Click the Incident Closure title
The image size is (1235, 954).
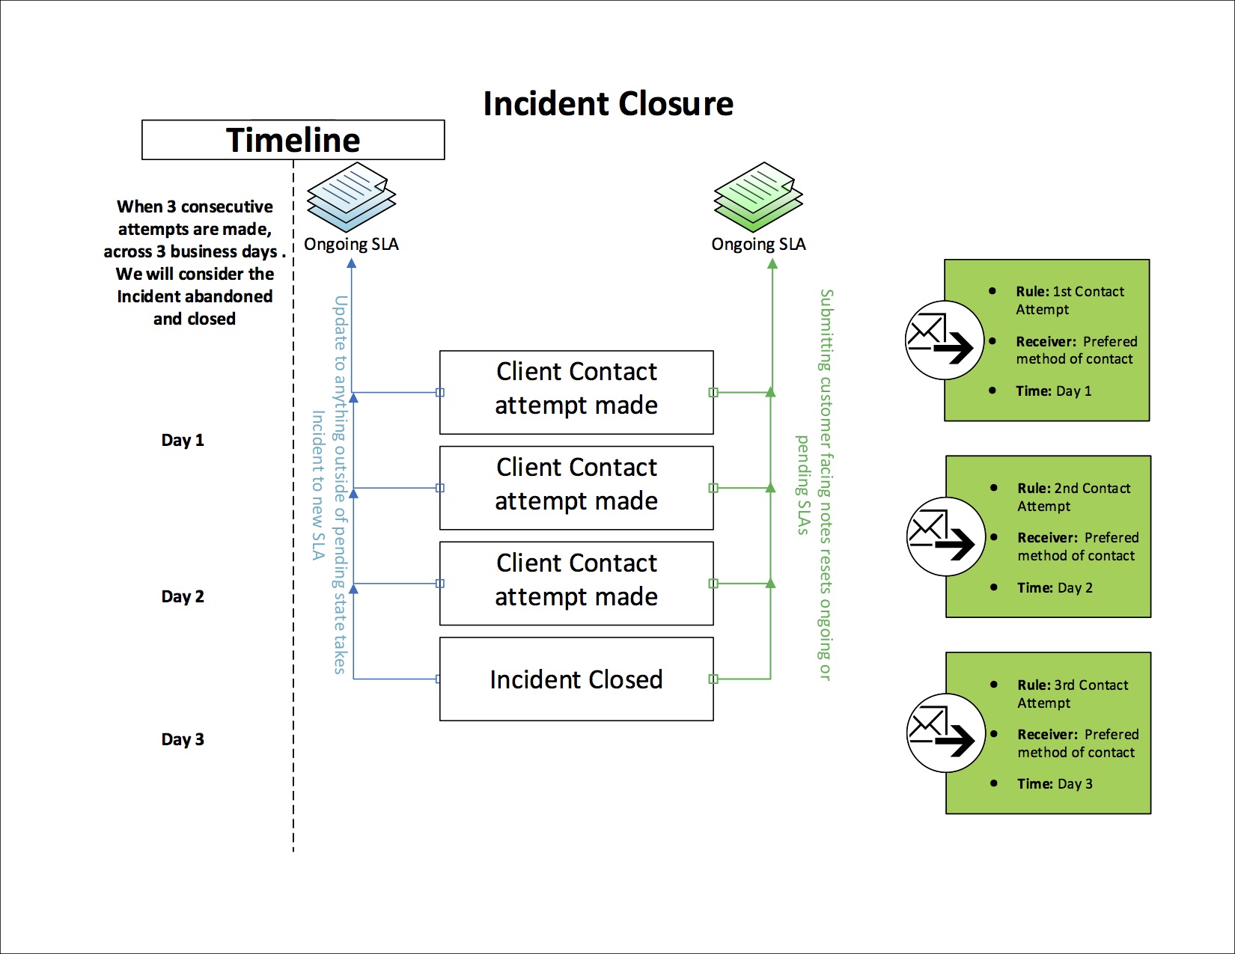[608, 104]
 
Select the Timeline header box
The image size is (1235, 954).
[293, 140]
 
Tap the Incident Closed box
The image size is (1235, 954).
[576, 679]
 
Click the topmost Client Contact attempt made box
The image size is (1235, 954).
[576, 391]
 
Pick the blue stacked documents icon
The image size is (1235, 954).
[351, 197]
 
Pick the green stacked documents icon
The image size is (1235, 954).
[758, 197]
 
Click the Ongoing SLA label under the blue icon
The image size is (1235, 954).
[351, 244]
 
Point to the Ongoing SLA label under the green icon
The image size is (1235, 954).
[758, 244]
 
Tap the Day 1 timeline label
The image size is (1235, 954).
[183, 440]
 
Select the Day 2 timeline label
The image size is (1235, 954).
[183, 596]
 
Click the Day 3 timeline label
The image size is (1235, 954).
[183, 739]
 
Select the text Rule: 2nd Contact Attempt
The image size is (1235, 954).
[1073, 497]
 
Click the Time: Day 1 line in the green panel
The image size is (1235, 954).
[1053, 391]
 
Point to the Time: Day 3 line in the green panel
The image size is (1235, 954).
[1055, 783]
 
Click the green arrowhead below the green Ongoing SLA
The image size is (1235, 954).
[772, 263]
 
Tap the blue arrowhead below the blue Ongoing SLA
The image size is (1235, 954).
[352, 263]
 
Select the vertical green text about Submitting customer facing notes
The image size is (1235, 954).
[824, 485]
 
